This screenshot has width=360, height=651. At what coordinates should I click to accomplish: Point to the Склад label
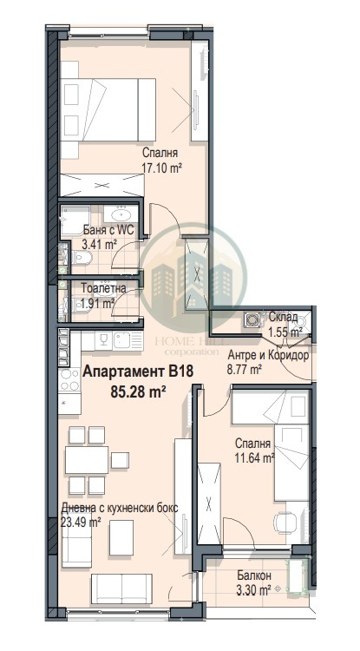284,319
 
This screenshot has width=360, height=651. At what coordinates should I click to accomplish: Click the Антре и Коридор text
268,355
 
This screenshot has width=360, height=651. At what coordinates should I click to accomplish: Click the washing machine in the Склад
254,319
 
